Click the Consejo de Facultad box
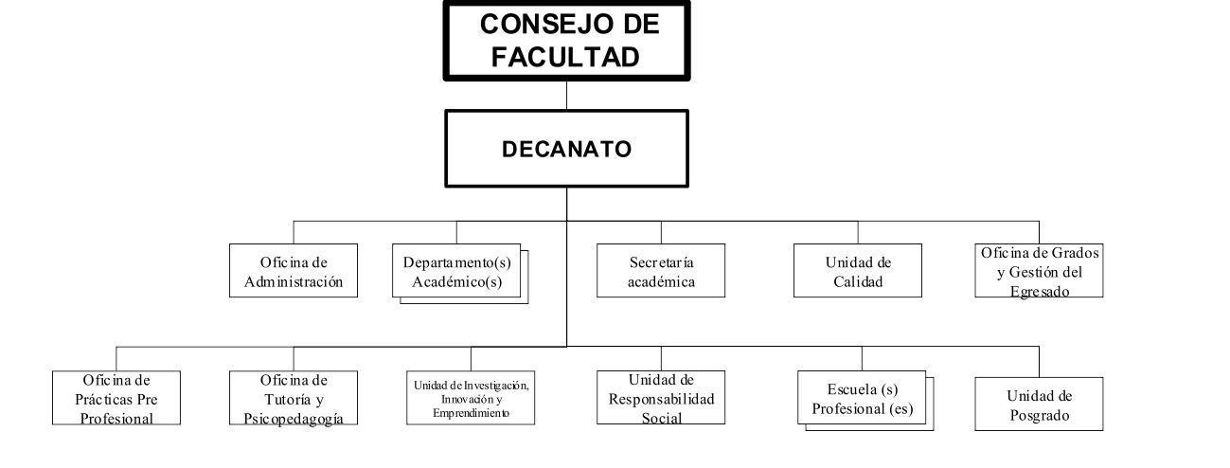[x=566, y=40]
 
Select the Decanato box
[x=566, y=149]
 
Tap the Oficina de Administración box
[x=294, y=271]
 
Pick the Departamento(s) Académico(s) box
[x=457, y=271]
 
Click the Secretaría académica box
[x=661, y=271]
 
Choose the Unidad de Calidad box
[x=858, y=271]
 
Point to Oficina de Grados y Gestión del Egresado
[x=1039, y=271]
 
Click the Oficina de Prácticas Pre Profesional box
[x=117, y=399]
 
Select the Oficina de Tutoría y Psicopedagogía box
[x=294, y=399]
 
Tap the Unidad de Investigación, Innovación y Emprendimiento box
[x=471, y=399]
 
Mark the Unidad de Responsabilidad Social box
[x=661, y=399]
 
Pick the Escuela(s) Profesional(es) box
[x=862, y=399]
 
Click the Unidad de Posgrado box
[x=1039, y=405]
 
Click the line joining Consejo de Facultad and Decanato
[x=566, y=96]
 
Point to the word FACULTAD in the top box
[x=566, y=56]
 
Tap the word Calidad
[x=858, y=281]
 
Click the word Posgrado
[x=1039, y=415]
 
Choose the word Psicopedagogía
[x=294, y=419]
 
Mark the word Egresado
[x=1039, y=292]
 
